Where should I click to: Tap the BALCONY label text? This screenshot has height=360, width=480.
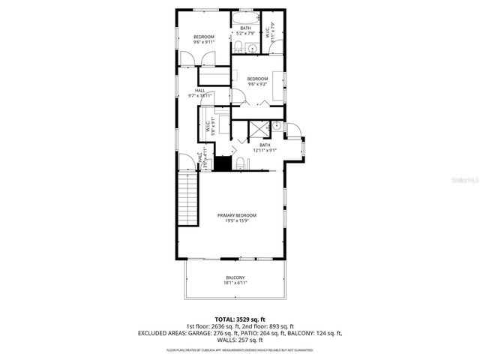point(235,277)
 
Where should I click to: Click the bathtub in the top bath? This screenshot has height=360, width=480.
point(245,18)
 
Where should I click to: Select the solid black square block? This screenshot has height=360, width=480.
point(223,162)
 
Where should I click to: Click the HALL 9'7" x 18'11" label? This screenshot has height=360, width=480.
point(200,93)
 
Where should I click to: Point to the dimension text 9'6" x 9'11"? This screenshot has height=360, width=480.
point(204,43)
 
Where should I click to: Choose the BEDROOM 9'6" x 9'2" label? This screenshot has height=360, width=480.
point(257,80)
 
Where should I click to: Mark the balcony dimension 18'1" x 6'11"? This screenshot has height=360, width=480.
point(235,283)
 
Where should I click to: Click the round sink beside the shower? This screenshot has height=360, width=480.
point(277,126)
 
